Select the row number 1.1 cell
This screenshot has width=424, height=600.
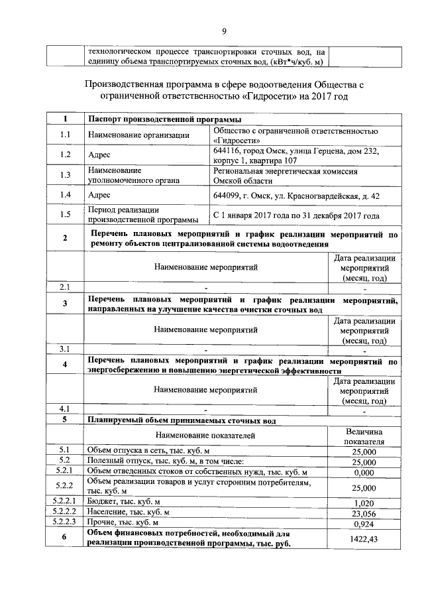click(x=65, y=135)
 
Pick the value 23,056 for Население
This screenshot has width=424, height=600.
click(x=364, y=512)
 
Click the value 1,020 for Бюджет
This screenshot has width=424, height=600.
click(x=364, y=502)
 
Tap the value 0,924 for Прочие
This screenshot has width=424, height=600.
click(x=364, y=523)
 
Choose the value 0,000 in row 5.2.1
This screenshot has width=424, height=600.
click(x=364, y=473)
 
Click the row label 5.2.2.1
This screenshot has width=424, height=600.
click(x=65, y=502)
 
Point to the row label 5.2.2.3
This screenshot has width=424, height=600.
click(x=65, y=523)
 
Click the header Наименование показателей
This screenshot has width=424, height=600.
click(x=205, y=436)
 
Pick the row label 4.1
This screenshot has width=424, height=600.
click(x=65, y=408)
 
